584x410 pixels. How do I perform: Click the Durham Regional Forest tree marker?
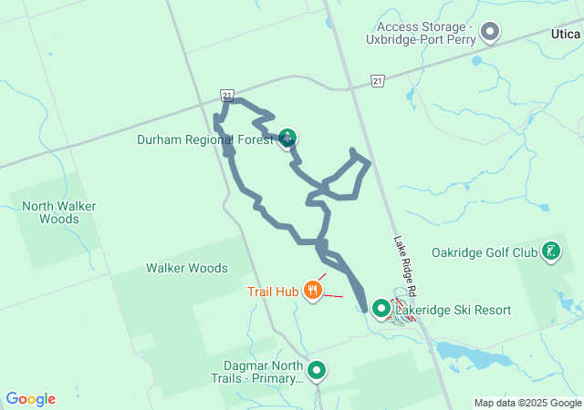[287, 138]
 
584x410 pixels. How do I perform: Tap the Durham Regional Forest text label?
[205, 139]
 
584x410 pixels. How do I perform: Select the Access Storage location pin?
[490, 33]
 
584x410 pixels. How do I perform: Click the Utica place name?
[567, 33]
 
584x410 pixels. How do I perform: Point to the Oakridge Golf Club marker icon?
[551, 251]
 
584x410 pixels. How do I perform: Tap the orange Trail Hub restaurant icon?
[313, 291]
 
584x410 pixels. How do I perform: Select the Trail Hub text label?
[273, 292]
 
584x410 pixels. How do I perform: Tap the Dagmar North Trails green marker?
[317, 370]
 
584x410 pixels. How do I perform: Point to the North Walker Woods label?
[59, 212]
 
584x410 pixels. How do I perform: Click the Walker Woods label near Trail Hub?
[187, 268]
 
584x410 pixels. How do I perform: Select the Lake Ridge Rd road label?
[406, 264]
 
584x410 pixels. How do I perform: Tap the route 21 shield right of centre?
[378, 82]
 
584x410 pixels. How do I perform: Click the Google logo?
[30, 398]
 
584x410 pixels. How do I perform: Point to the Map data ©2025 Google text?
[527, 403]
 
